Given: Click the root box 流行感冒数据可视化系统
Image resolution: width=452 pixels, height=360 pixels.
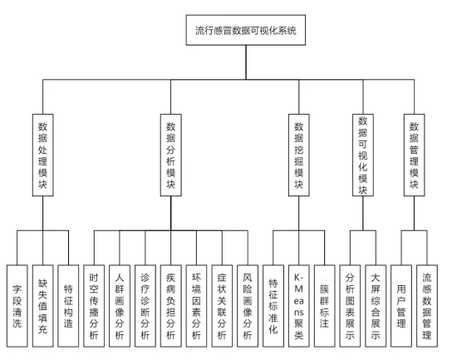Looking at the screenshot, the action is point(246,30).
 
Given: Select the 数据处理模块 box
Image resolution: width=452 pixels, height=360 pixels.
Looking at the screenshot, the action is point(42,155).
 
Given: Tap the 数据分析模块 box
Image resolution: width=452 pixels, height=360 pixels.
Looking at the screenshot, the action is point(170,155).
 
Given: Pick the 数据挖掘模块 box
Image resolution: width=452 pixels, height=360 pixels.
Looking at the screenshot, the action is point(299,155).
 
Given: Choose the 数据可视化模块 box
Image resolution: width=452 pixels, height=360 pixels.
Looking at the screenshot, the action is point(363,155).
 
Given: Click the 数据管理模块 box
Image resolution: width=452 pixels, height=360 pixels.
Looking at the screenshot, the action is point(415,155).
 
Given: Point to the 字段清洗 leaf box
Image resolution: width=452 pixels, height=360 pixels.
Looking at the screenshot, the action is point(17,306).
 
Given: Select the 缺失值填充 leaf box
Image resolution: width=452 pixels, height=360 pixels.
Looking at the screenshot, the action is point(42,306).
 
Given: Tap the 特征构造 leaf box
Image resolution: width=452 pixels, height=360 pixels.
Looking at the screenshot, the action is point(68,306).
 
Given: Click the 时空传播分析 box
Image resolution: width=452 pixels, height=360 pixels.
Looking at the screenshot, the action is point(94,306).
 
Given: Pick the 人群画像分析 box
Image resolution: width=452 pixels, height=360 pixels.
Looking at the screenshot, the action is point(120,306).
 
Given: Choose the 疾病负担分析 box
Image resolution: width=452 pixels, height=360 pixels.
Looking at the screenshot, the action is point(170,306).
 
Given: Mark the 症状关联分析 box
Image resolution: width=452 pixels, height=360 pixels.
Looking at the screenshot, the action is point(222,306).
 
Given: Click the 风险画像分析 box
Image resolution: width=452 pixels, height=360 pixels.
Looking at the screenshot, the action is point(248,306).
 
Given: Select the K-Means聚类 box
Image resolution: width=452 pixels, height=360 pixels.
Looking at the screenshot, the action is point(299,306).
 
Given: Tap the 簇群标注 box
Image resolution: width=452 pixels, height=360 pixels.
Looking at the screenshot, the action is point(325,306).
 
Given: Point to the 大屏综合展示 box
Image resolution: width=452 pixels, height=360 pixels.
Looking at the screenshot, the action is point(376,306).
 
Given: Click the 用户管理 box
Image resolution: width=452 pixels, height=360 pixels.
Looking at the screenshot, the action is point(401,306).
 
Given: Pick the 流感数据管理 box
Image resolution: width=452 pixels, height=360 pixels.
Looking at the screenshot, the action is point(427,306).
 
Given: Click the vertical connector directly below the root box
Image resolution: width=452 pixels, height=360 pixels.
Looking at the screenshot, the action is point(246,62).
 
